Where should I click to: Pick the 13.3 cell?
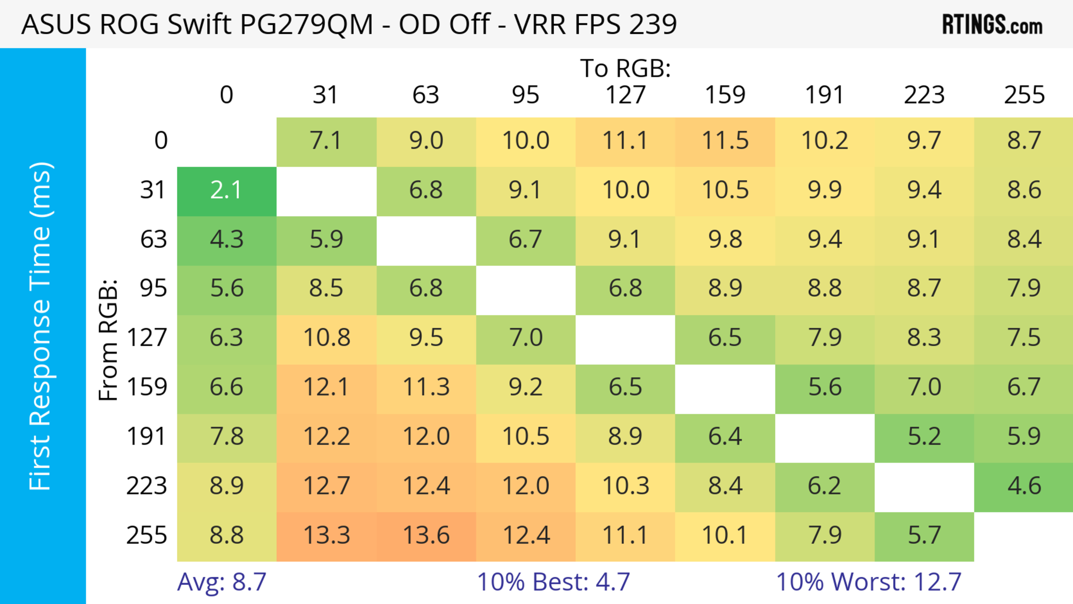coord(326,535)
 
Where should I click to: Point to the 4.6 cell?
coord(1024,486)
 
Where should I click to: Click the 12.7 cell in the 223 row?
coord(326,486)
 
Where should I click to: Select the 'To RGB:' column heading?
coord(625,68)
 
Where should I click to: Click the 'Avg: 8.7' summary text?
coord(222,582)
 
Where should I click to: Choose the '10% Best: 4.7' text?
coord(553,582)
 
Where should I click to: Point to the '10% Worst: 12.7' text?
coord(868,582)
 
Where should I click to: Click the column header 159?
coord(725,95)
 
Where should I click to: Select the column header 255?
coord(1024,95)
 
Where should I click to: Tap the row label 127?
coord(147,337)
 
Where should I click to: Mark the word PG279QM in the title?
coord(306,24)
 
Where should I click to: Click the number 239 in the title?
coord(653,24)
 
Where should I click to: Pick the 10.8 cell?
coord(326,337)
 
